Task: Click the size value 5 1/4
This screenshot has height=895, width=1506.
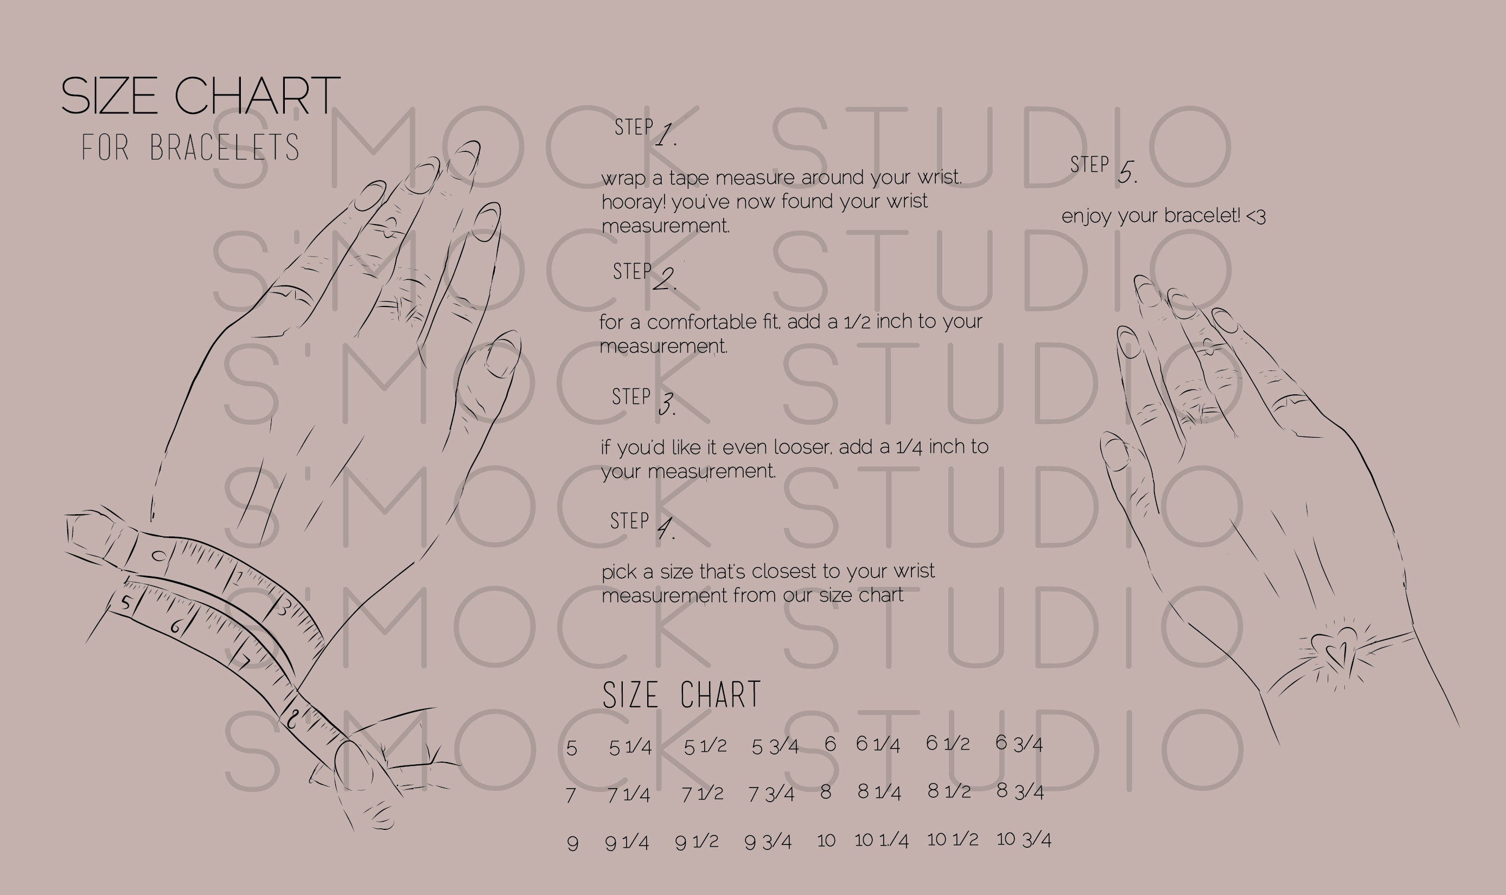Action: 630,748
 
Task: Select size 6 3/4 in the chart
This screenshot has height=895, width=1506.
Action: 1019,744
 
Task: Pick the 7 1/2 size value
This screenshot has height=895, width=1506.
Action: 702,794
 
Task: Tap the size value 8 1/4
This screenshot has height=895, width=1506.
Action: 879,792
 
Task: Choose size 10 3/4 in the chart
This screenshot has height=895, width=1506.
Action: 1024,840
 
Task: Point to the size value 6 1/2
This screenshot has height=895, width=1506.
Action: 948,744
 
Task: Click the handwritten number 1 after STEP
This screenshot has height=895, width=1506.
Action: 665,135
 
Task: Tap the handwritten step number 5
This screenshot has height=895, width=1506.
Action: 1126,173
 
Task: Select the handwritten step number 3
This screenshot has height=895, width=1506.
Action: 666,404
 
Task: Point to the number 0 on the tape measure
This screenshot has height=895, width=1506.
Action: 158,555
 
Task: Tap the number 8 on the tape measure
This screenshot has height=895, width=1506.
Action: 292,718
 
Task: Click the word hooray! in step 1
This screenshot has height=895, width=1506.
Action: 633,202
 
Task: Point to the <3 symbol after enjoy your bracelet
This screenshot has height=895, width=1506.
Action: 1255,216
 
